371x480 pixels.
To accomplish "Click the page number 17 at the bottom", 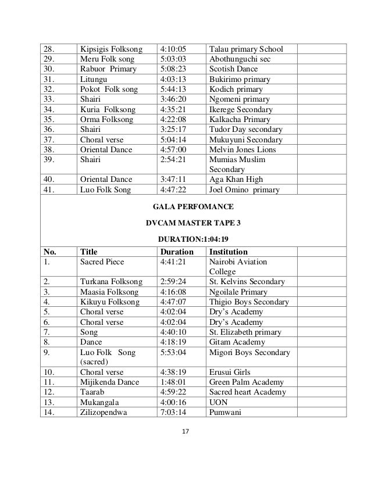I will [x=185, y=431].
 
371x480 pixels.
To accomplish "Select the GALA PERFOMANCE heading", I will [x=185, y=206].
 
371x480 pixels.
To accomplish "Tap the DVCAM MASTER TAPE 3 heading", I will [x=185, y=222].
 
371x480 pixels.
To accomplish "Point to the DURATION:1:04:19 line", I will [x=185, y=238].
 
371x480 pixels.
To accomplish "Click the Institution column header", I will [x=231, y=252].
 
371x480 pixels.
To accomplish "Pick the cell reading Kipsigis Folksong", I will [x=112, y=48].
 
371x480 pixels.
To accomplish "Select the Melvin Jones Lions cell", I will [x=242, y=149].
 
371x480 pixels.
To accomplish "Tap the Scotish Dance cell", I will [x=233, y=69].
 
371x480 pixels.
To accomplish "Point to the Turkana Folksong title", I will [x=109, y=282].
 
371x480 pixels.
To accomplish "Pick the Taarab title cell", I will [x=92, y=392].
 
